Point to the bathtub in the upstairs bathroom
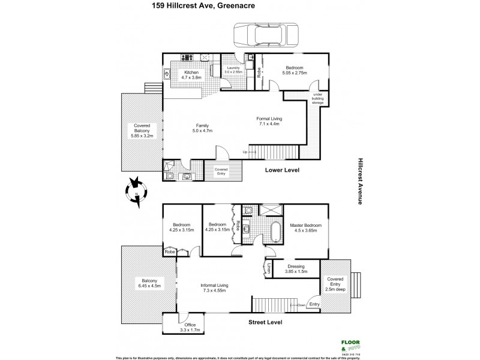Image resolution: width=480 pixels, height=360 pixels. click(x=274, y=232)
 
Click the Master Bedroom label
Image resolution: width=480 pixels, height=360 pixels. click(x=306, y=229)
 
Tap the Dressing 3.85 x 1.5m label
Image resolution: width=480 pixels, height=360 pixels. click(x=296, y=269)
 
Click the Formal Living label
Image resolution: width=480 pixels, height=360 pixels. click(x=269, y=122)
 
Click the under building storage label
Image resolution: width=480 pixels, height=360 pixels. click(x=317, y=98)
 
